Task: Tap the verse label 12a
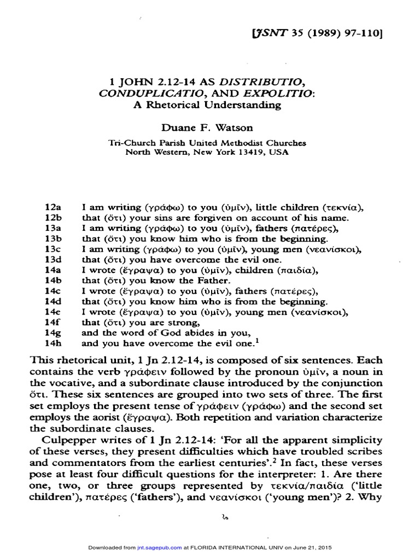(x=52, y=208)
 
